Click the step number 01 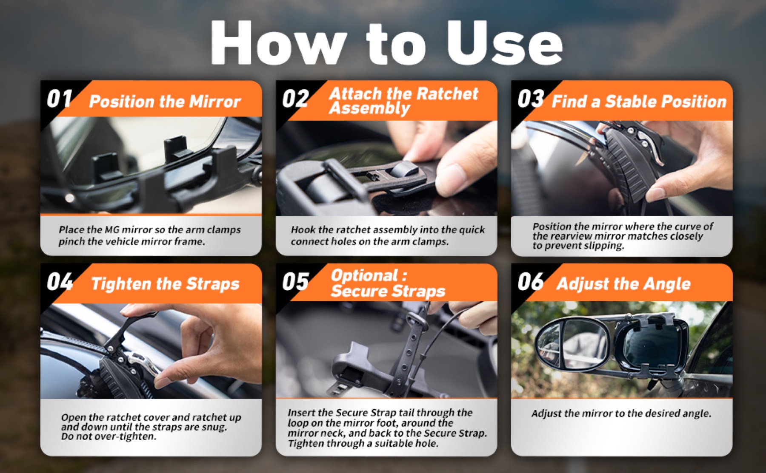[x=59, y=99]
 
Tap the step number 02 [x=295, y=99]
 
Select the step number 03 [x=531, y=99]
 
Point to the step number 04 [x=60, y=281]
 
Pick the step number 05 [x=295, y=281]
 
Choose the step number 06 [x=531, y=281]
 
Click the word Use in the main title [x=504, y=42]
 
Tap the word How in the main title [x=277, y=42]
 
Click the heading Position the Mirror [x=165, y=102]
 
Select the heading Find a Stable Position [x=639, y=102]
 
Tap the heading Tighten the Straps [x=165, y=284]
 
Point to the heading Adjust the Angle [x=623, y=284]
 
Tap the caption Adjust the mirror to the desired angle [x=621, y=414]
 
